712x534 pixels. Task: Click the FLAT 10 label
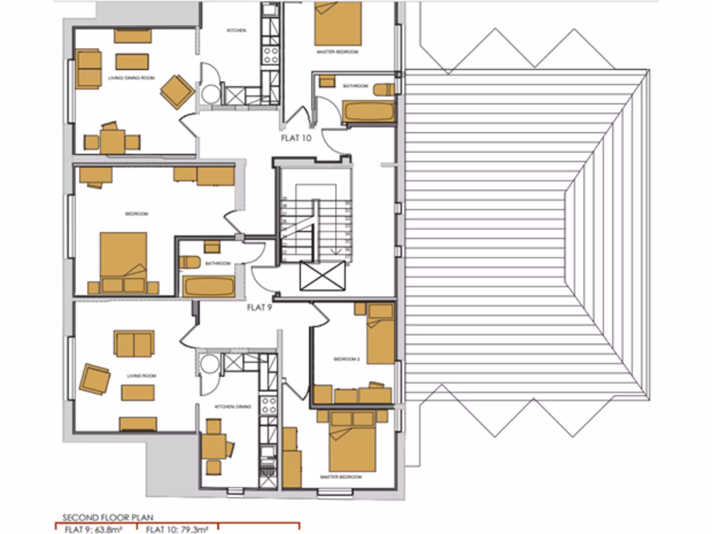[x=296, y=138]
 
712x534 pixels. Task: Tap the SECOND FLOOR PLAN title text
[x=108, y=517]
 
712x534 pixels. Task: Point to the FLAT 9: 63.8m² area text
[x=95, y=528]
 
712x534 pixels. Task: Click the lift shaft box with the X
[x=322, y=276]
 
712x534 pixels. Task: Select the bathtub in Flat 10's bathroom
[x=369, y=111]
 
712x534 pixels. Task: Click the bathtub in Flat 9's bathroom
[x=208, y=286]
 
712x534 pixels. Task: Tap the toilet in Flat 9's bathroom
[x=190, y=261]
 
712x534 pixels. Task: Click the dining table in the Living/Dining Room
[x=112, y=141]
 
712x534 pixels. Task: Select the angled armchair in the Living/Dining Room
[x=177, y=92]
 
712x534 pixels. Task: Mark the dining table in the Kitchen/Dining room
[x=213, y=446]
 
